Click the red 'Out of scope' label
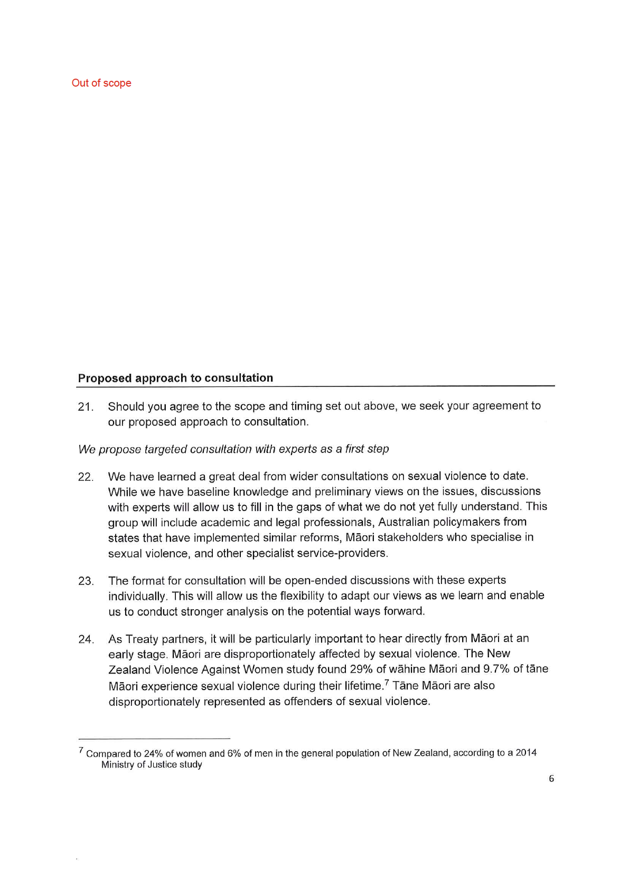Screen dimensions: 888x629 click(101, 83)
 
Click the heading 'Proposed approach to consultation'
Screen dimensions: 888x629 click(175, 378)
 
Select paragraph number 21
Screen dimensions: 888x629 click(86, 407)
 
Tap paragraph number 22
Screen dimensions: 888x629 click(86, 477)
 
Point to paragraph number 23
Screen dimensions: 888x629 click(86, 581)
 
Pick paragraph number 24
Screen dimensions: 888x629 click(86, 639)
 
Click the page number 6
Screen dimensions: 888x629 click(551, 779)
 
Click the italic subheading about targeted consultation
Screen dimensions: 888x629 click(233, 449)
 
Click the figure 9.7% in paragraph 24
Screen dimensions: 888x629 click(496, 669)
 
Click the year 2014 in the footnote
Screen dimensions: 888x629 click(525, 753)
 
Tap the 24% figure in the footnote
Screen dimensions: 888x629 click(153, 753)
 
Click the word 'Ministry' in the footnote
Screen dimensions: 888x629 click(118, 764)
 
